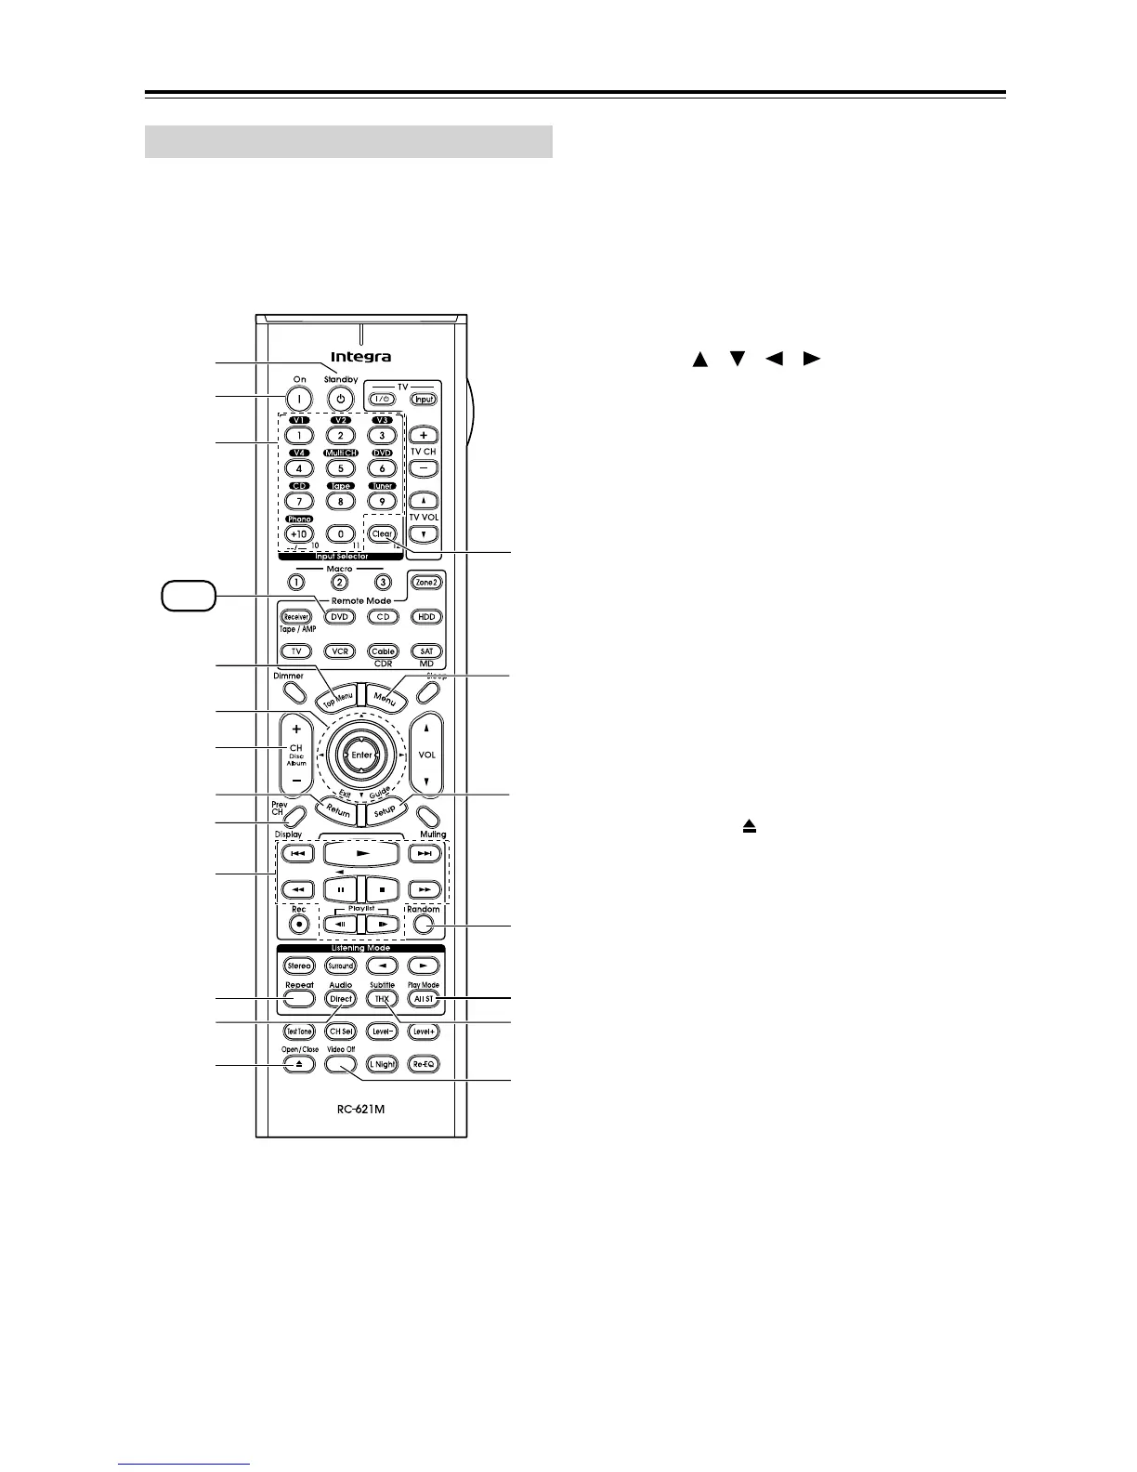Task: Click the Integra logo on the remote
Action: (x=361, y=357)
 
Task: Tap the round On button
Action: (x=299, y=399)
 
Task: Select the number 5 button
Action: (x=341, y=469)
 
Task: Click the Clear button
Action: (x=382, y=534)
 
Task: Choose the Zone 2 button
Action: (x=426, y=583)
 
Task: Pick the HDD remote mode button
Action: (x=426, y=617)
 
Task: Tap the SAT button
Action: (x=426, y=651)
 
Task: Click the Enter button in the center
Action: (x=361, y=756)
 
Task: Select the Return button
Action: (x=337, y=809)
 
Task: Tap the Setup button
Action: (x=385, y=809)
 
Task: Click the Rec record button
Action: (x=299, y=925)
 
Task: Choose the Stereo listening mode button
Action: (x=299, y=966)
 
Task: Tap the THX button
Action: (x=382, y=999)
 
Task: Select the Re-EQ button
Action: (x=424, y=1064)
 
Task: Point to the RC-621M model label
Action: (x=361, y=1109)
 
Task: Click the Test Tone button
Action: (x=299, y=1032)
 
